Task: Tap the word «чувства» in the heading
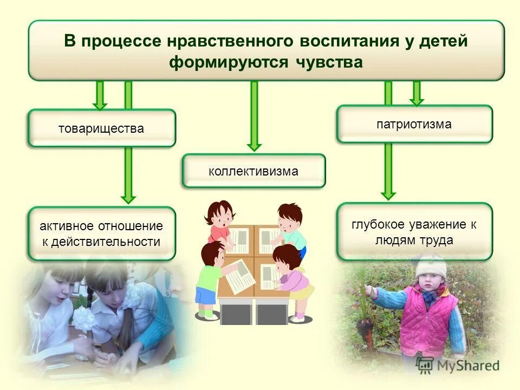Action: point(329,62)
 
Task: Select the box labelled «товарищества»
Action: point(102,128)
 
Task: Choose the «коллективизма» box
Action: point(253,171)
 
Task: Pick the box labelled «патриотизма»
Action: point(414,124)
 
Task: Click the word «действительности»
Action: point(106,242)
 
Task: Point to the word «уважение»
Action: point(433,224)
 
